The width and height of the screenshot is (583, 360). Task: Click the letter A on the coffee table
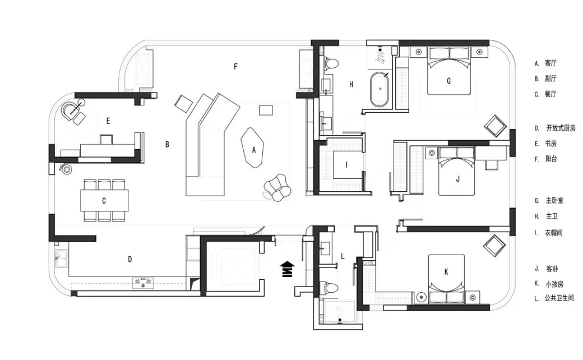pos(254,150)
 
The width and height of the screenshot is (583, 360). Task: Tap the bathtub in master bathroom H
pos(380,90)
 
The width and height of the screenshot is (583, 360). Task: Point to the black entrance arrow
pos(289,269)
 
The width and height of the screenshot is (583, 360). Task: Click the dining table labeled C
pos(104,200)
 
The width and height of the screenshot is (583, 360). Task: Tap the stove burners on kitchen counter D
pos(143,283)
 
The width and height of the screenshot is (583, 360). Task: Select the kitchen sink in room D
pos(61,258)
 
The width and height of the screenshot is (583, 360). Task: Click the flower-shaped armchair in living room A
pos(277,188)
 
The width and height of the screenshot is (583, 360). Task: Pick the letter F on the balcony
pos(235,67)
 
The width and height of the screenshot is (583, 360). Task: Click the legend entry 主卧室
pos(554,200)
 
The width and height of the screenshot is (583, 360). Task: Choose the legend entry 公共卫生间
pos(559,298)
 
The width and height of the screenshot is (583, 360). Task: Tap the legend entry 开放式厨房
pos(561,128)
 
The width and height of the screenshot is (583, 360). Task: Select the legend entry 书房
pos(551,144)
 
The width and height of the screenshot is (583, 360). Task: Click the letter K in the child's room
pos(446,272)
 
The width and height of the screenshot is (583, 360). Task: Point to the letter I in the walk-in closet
pos(346,165)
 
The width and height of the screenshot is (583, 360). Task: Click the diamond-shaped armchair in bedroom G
pos(495,126)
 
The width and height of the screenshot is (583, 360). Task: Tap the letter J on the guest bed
pos(457,179)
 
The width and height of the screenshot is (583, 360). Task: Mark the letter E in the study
pos(108,121)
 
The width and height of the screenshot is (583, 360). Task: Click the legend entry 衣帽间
pos(554,233)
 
